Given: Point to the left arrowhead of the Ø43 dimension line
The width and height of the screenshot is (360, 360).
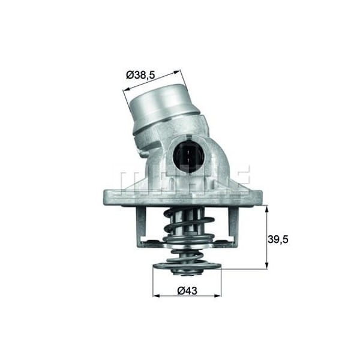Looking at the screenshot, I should point(155,295).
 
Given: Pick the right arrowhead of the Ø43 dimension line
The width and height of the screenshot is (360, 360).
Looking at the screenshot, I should point(219,295).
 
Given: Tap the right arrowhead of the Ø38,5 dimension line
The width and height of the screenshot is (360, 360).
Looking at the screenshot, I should point(178,72).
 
